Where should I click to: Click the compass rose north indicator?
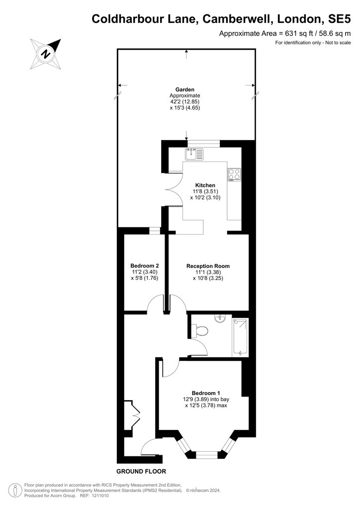pos(46,54)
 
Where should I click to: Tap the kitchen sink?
pos(194,154)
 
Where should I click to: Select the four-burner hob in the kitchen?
pos(234,174)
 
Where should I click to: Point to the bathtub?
pos(240,338)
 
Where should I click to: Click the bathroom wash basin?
pos(221,319)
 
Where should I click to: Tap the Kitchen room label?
pos(205,185)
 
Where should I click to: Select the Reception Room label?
pos(208,266)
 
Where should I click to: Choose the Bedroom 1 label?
pos(206,393)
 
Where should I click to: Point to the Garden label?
pos(184,89)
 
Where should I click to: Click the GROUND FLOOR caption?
pos(141,471)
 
